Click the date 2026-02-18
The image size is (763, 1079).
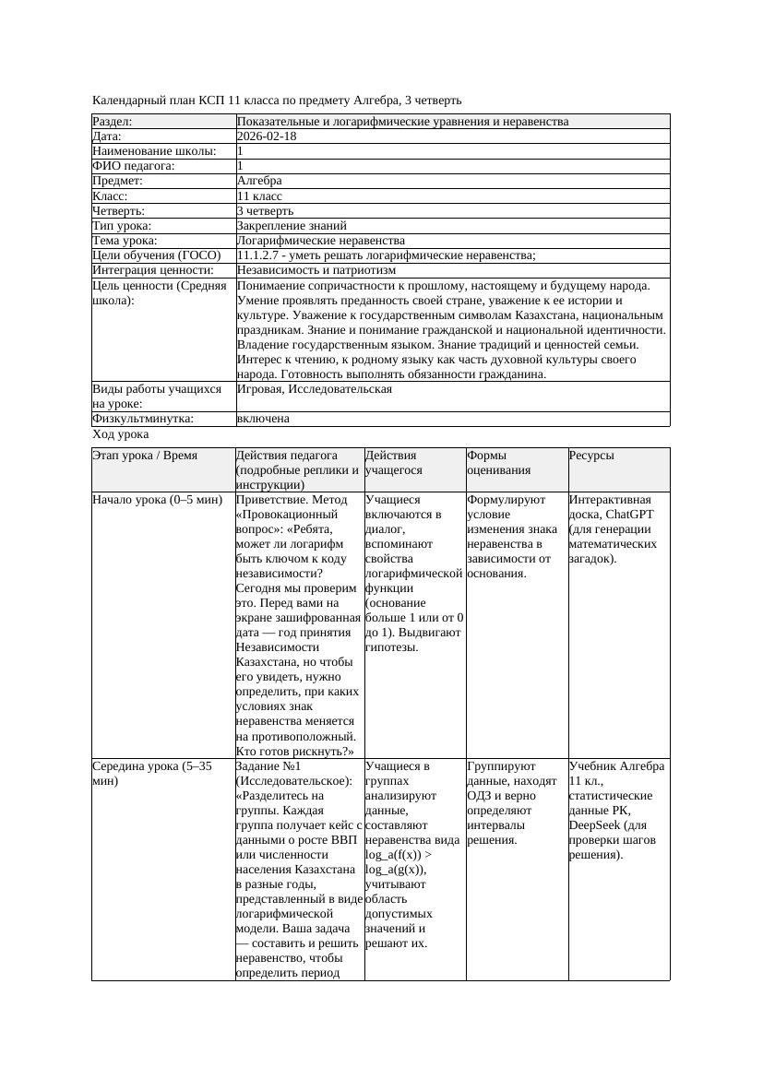click(x=267, y=136)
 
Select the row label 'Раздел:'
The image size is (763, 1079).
click(x=113, y=122)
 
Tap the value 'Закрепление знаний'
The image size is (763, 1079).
click(x=292, y=225)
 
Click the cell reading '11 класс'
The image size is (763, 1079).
click(x=259, y=196)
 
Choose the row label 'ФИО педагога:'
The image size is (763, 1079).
click(x=134, y=166)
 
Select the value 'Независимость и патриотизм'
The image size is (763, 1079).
click(x=316, y=270)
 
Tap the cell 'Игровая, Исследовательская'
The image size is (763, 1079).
click(x=315, y=389)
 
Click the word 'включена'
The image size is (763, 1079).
click(x=263, y=419)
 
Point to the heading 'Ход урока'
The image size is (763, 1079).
click(x=121, y=434)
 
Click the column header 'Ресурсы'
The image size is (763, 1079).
click(x=591, y=456)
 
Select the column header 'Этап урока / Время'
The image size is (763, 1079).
click(x=145, y=456)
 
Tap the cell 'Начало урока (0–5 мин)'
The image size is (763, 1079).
click(x=158, y=500)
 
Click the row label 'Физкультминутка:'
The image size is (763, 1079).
click(x=143, y=419)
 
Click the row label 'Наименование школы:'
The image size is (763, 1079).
click(x=154, y=151)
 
